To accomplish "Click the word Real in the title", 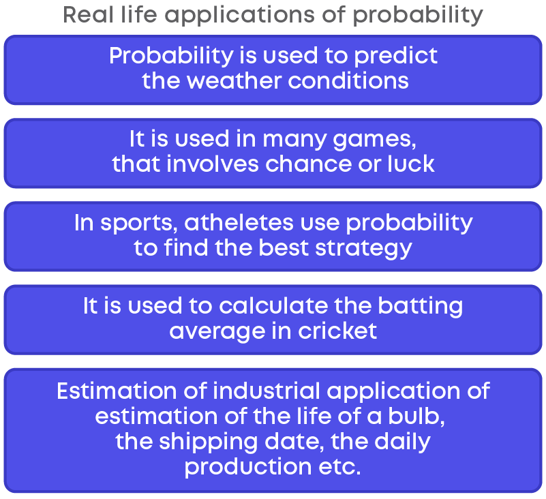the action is click(89, 14).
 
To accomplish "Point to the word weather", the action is click(234, 81).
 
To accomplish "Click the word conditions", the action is click(348, 81).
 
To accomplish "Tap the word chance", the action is click(309, 164).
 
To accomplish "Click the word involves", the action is click(213, 164).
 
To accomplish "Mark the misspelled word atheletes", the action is click(239, 222).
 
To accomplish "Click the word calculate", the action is click(273, 305).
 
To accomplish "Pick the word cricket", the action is click(337, 331).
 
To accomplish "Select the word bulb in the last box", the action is click(416, 416).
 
